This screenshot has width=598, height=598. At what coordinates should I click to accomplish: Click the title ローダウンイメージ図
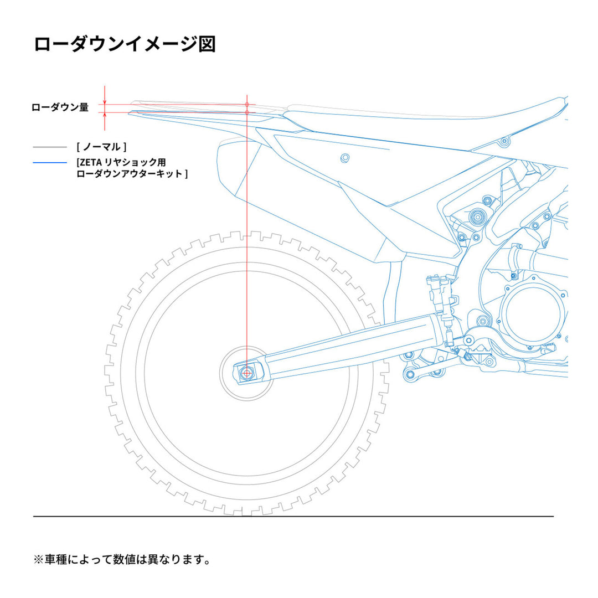click(x=125, y=44)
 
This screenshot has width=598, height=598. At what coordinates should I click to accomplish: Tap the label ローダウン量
click(x=60, y=107)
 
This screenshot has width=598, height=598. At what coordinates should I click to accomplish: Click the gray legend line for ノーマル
click(x=50, y=147)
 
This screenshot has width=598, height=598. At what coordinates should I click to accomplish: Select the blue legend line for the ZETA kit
click(x=50, y=163)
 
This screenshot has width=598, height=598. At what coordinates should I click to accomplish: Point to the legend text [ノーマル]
click(x=102, y=147)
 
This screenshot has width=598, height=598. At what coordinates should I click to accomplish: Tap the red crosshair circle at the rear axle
click(x=247, y=373)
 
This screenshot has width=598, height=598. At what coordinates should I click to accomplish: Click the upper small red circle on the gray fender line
click(x=247, y=104)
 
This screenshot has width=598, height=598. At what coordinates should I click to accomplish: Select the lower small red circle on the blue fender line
click(x=247, y=112)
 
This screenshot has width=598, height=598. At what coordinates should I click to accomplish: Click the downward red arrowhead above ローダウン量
click(x=105, y=100)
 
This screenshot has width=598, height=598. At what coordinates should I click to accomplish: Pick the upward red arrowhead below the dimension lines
click(x=105, y=116)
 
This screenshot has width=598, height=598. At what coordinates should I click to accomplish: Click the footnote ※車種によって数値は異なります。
click(x=122, y=560)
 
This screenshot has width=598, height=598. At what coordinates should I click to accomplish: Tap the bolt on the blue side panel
click(x=345, y=158)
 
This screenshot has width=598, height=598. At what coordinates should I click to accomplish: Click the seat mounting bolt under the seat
click(x=503, y=142)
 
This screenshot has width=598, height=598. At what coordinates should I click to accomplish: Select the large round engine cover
click(x=534, y=313)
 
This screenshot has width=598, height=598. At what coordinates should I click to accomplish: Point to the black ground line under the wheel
click(x=293, y=517)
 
